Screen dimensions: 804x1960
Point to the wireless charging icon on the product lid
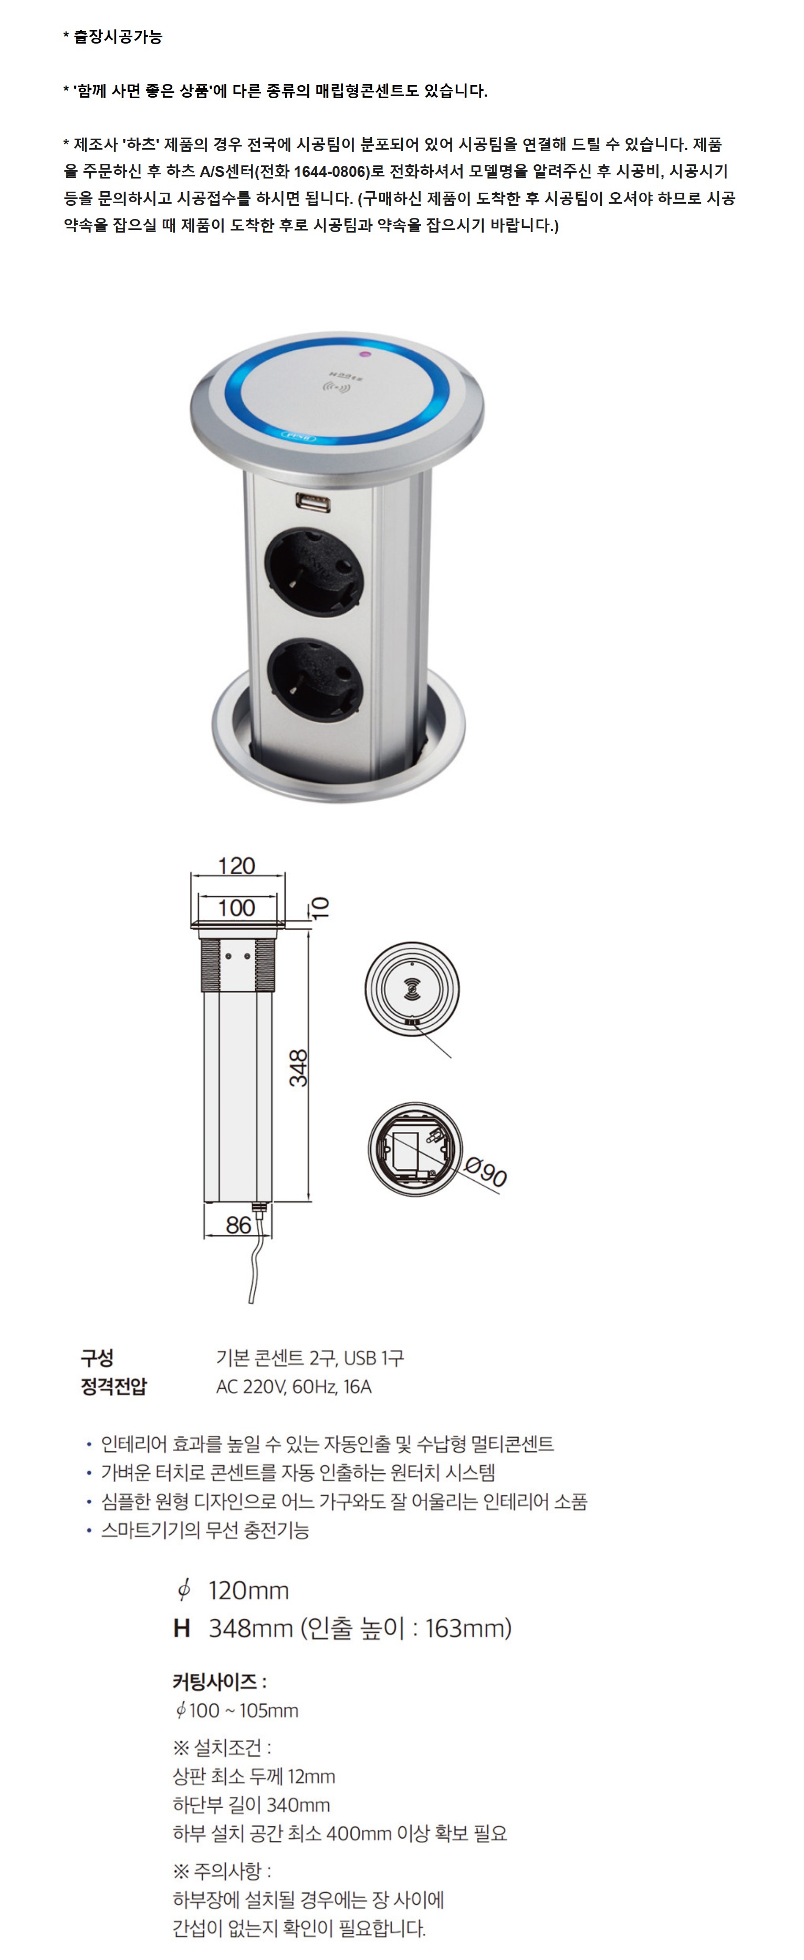(x=337, y=390)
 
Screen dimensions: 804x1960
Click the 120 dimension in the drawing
(x=237, y=866)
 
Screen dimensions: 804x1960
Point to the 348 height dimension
(x=299, y=1067)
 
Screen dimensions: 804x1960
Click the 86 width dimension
(x=238, y=1224)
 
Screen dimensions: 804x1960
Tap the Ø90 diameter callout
(x=486, y=1172)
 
